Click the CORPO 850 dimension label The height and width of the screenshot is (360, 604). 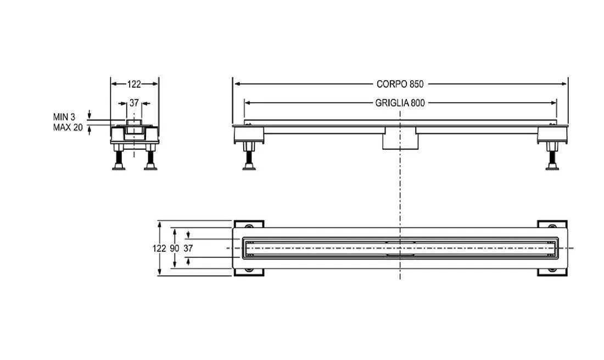pyautogui.click(x=400, y=84)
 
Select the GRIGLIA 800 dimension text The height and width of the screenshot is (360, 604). pyautogui.click(x=400, y=103)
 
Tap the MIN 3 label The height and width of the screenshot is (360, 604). pyautogui.click(x=64, y=117)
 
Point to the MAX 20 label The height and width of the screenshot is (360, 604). pyautogui.click(x=68, y=127)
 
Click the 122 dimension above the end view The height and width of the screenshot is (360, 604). pyautogui.click(x=134, y=84)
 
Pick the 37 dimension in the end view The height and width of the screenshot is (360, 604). pyautogui.click(x=133, y=103)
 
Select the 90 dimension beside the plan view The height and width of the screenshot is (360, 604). pyautogui.click(x=175, y=249)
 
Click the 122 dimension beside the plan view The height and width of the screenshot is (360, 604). pyautogui.click(x=159, y=249)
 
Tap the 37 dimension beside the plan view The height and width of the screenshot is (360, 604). pyautogui.click(x=188, y=249)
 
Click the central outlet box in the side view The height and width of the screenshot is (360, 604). pyautogui.click(x=400, y=139)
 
